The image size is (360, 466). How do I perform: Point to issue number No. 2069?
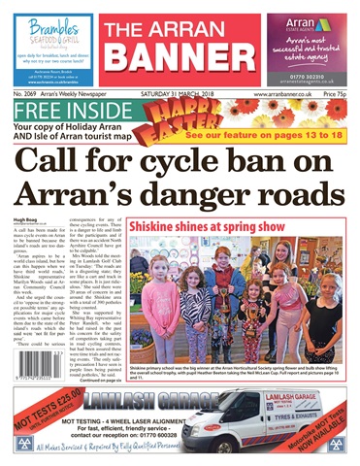pyautogui.click(x=28, y=93)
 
